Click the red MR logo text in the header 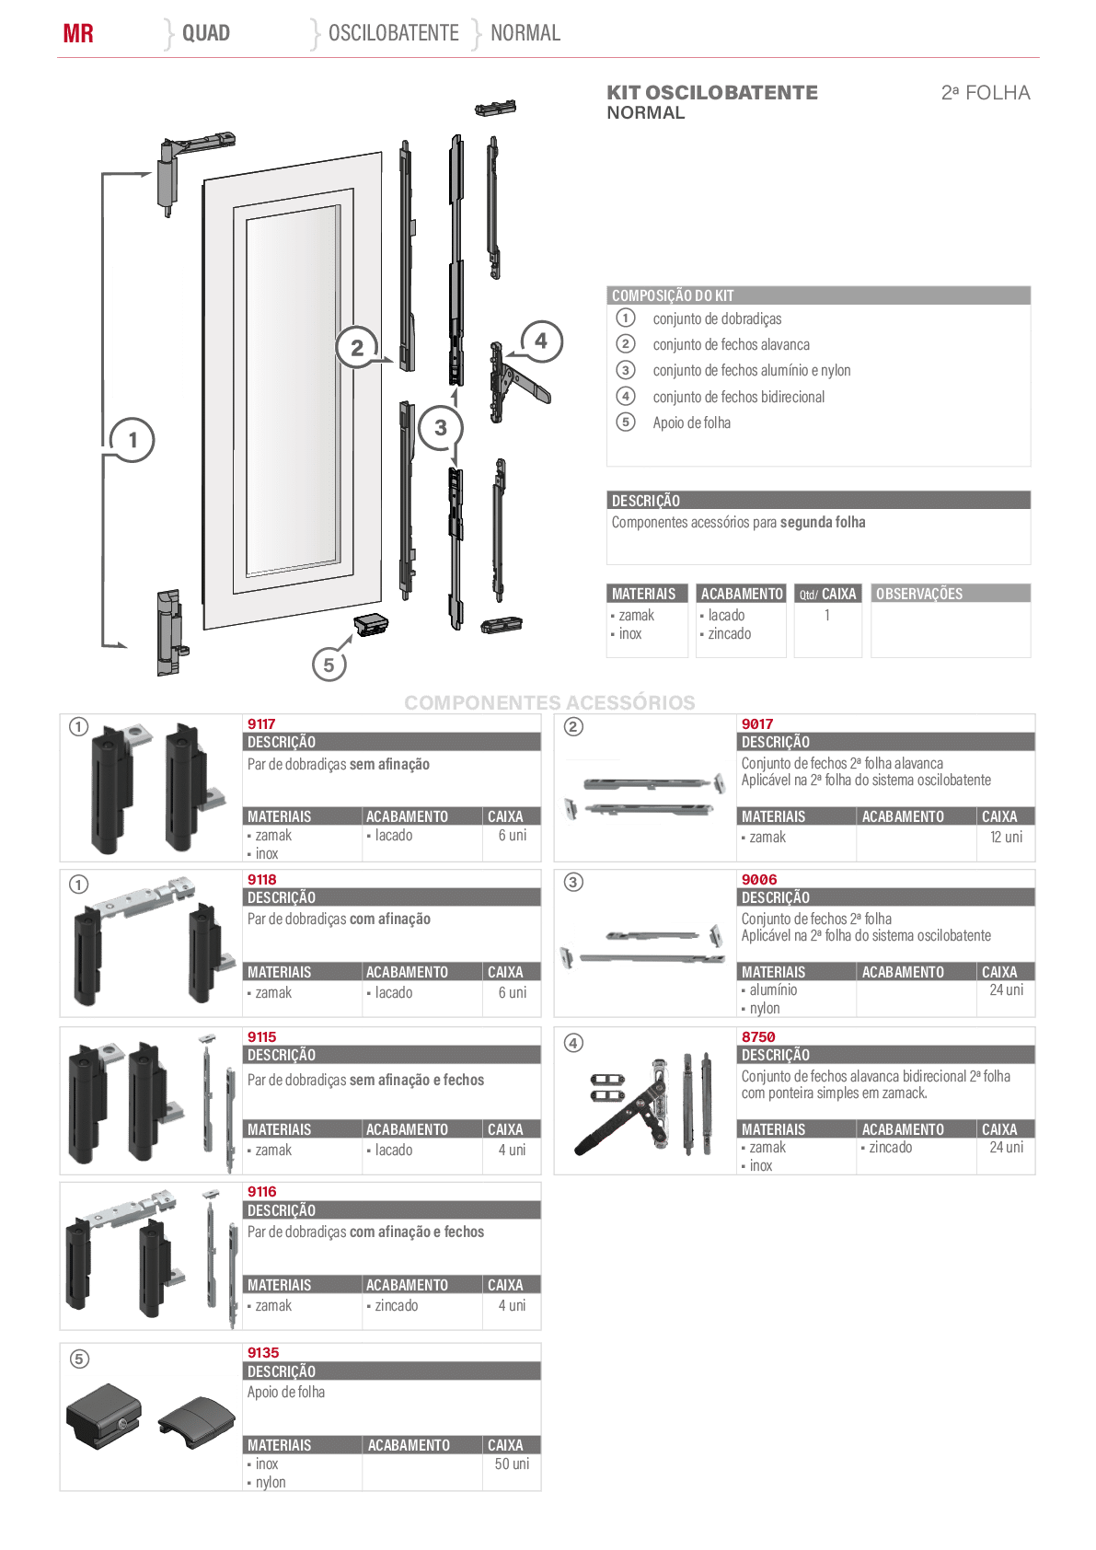77,33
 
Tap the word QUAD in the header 205,33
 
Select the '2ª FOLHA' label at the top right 986,93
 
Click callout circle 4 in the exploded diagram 540,341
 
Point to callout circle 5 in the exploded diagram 329,665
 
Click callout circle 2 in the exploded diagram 356,347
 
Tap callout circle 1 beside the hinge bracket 133,439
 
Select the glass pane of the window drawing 293,391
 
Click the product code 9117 261,723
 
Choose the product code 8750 758,1036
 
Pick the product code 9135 263,1352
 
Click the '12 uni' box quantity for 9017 1006,837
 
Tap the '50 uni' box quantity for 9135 512,1463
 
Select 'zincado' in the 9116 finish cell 397,1306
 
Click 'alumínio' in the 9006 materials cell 773,990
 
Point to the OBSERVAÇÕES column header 919,594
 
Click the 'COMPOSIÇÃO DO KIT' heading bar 818,295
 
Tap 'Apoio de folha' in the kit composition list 692,422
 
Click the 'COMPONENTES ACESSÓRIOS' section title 549,702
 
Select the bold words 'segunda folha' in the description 823,523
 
